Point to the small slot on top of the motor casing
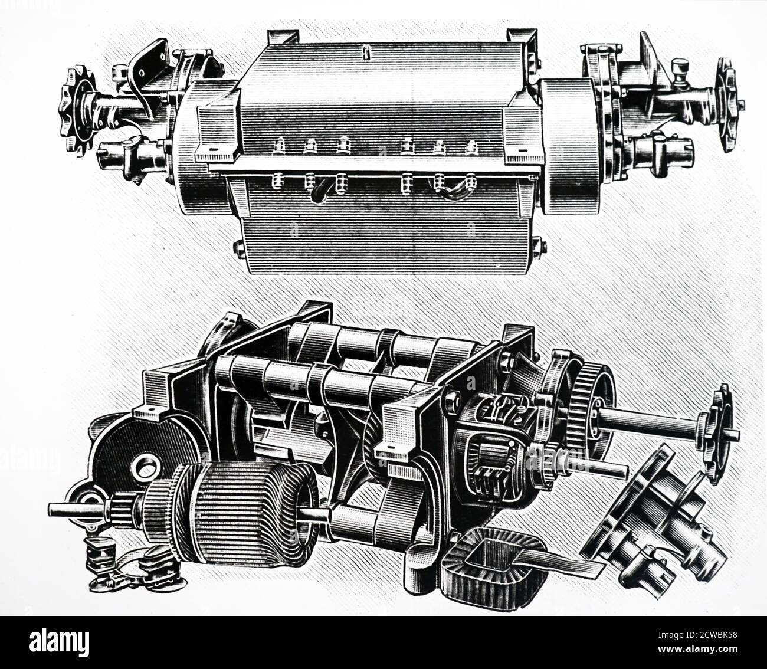coord(366,53)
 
